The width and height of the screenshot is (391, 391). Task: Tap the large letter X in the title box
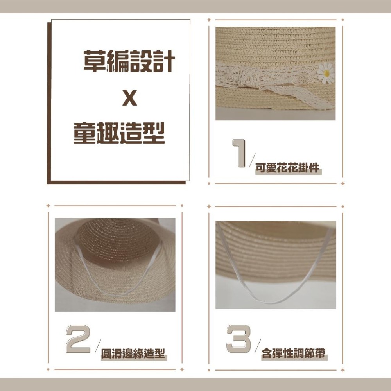(x=129, y=99)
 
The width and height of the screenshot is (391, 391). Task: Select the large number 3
(x=239, y=339)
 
